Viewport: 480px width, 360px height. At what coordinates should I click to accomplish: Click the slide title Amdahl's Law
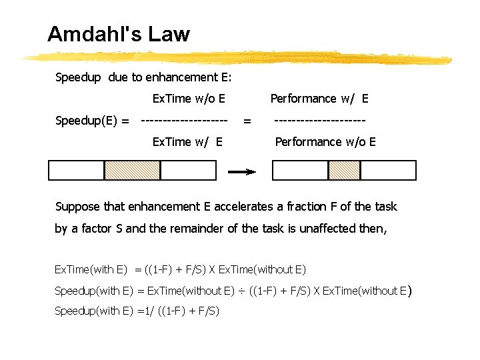tap(119, 34)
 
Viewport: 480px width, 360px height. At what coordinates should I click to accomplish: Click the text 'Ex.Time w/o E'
tap(189, 99)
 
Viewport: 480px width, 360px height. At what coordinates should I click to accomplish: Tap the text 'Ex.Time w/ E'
tap(187, 141)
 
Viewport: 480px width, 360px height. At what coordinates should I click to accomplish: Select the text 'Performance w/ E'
tap(319, 99)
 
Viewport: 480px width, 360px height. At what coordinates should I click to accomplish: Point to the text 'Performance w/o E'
tap(325, 141)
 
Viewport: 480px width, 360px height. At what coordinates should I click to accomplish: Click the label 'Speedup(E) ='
tap(93, 121)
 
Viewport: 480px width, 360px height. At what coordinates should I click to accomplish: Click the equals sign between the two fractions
tap(247, 121)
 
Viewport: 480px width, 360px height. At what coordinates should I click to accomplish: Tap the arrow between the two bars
tap(242, 171)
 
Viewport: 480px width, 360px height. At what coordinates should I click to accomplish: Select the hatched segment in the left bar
tap(132, 171)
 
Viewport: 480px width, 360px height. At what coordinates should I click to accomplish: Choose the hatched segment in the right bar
tap(344, 171)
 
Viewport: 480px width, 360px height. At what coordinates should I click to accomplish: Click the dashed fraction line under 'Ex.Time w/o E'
tap(185, 121)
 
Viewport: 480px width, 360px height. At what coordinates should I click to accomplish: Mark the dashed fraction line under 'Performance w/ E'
tap(320, 121)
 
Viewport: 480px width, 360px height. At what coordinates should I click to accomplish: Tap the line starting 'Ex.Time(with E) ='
tap(180, 270)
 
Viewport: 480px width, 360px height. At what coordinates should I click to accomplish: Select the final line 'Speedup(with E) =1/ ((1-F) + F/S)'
tap(137, 311)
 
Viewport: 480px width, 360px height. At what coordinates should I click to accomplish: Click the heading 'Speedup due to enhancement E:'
tap(143, 77)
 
